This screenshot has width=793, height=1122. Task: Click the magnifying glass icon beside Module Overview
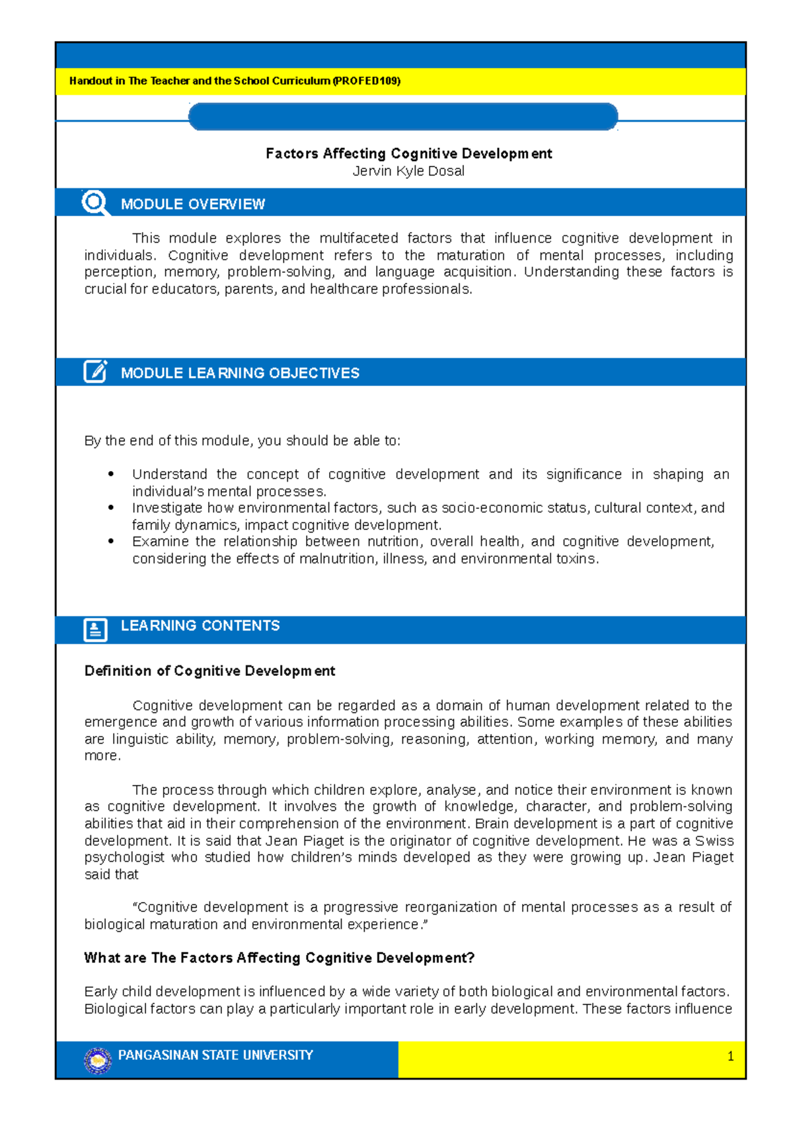95,202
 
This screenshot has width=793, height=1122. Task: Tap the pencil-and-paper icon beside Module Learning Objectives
95,371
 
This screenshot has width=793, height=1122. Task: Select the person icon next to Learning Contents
95,629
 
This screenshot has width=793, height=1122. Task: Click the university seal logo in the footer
98,1060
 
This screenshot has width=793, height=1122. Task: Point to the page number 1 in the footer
730,1056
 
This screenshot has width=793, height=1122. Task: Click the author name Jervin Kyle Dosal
408,171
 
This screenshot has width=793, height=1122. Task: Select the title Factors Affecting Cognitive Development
408,153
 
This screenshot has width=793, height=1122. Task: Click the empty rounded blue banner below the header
403,117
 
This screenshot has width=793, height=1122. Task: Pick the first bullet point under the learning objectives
111,474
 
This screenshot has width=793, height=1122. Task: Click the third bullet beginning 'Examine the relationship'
111,541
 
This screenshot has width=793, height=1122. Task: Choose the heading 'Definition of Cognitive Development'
209,671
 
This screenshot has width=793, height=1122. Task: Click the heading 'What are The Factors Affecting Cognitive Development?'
279,957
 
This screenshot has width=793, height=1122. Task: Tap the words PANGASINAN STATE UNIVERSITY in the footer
215,1055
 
